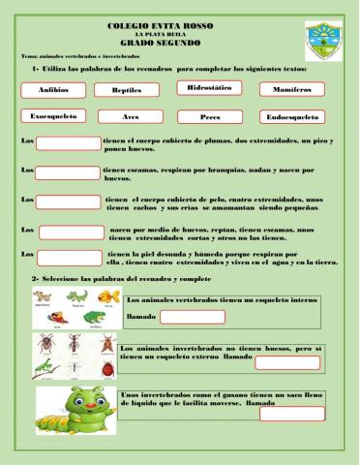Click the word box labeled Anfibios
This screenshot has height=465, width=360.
click(x=52, y=90)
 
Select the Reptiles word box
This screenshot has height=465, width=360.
click(x=126, y=90)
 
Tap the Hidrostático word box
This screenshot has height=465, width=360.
click(x=209, y=88)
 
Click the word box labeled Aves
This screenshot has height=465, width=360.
click(x=126, y=117)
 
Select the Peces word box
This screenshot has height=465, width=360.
click(x=209, y=117)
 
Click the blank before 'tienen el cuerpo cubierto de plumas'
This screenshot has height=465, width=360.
click(x=68, y=144)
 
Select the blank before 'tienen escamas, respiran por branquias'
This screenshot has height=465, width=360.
click(x=68, y=173)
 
